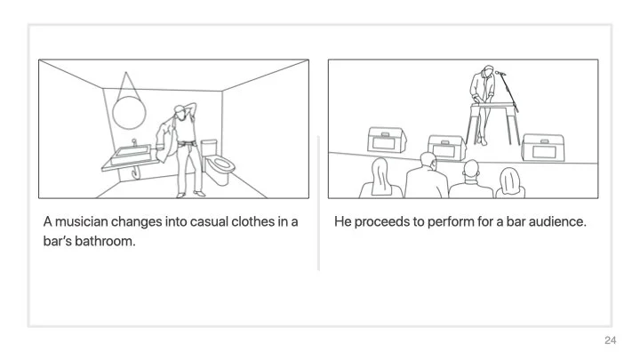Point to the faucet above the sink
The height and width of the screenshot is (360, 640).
(x=134, y=142)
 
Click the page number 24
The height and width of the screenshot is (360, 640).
(x=610, y=340)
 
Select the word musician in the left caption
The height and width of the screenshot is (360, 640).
(x=82, y=221)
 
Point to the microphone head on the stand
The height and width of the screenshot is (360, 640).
(x=500, y=73)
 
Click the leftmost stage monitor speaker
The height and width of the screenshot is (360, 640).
(x=387, y=140)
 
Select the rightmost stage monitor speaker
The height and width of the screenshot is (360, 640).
(x=543, y=148)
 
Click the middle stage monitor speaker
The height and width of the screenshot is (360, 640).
(x=446, y=148)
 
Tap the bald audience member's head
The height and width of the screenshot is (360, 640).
(x=471, y=168)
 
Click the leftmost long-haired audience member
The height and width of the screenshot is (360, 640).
(x=380, y=178)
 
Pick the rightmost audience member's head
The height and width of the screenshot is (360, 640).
(x=510, y=179)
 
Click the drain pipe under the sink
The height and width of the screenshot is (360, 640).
(x=135, y=172)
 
